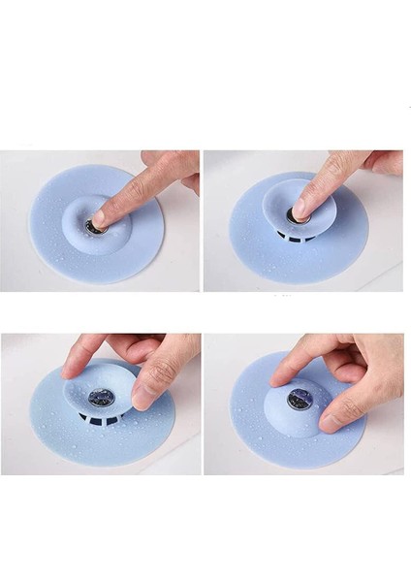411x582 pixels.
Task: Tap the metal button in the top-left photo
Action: pos(94,227)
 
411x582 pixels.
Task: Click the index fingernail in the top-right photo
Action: pos(300,209)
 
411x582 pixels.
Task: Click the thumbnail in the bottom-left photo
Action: pos(142,397)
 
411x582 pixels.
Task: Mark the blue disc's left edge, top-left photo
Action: pos(32,225)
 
